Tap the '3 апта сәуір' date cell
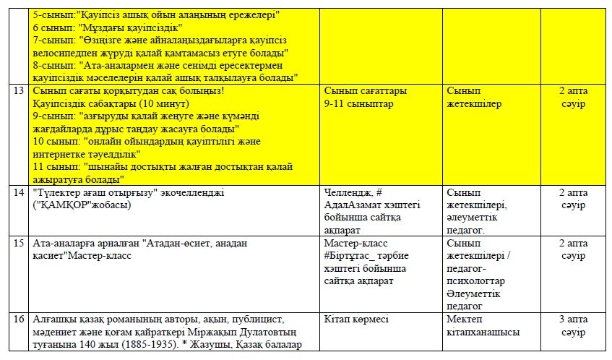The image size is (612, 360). click(x=572, y=325)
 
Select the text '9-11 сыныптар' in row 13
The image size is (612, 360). click(x=359, y=104)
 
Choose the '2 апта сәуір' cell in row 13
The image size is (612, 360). click(x=572, y=97)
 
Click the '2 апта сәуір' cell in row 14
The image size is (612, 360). click(x=572, y=199)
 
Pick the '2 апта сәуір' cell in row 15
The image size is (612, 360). click(x=572, y=249)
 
